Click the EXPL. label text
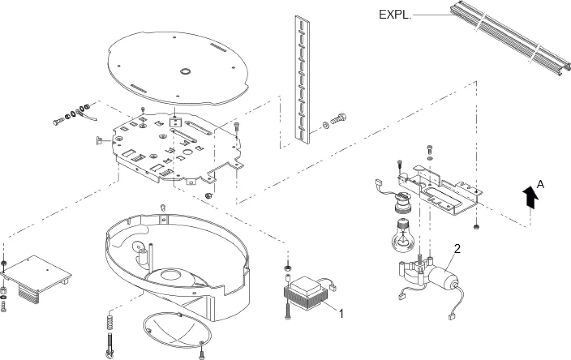pos(394,14)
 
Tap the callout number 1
pos(341,314)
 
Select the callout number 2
pos(457,249)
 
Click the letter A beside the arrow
pos(540,184)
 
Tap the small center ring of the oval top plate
pos(185,71)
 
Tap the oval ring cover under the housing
pos(177,330)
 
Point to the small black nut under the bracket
pos(476,227)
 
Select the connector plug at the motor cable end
pos(451,317)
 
